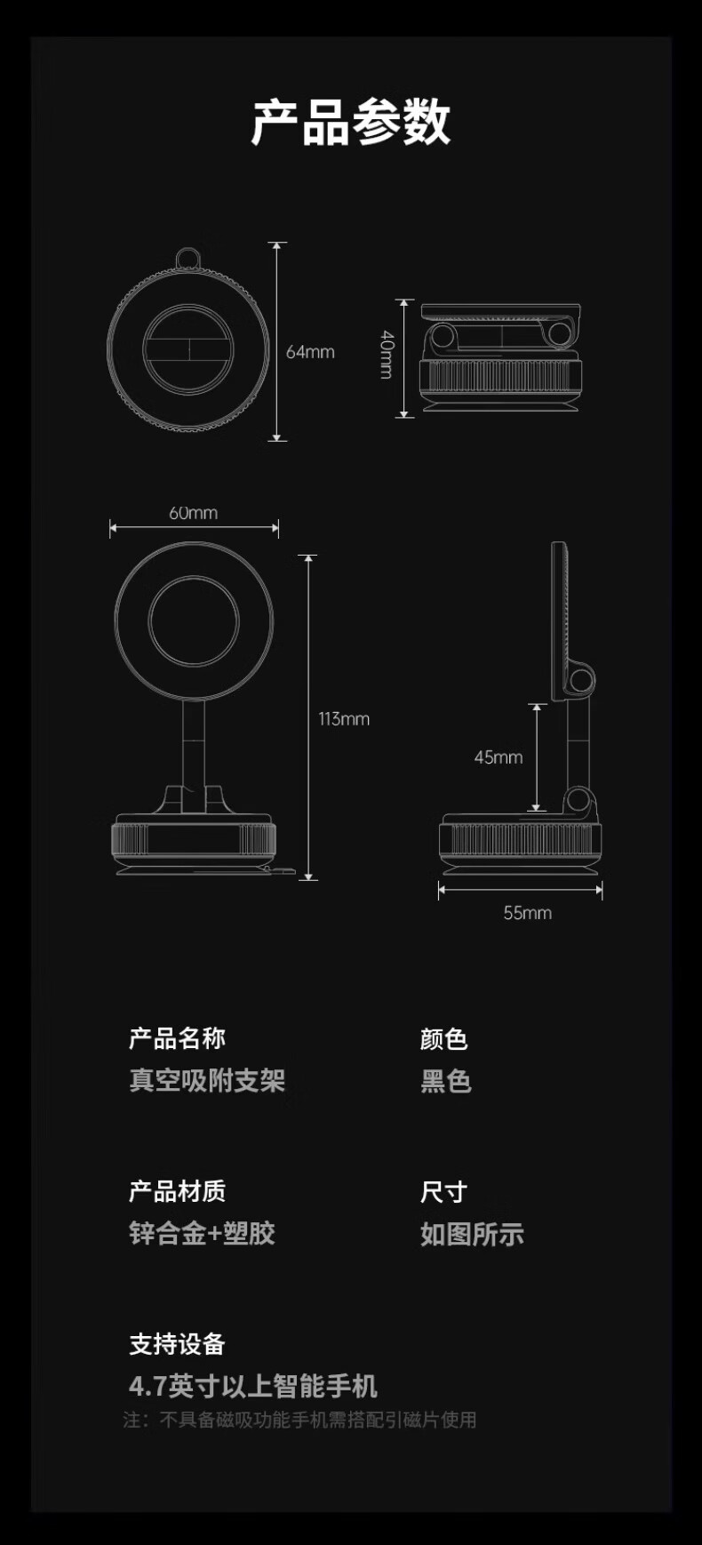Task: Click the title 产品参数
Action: point(351,122)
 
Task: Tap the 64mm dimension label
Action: point(310,352)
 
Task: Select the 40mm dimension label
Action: point(387,355)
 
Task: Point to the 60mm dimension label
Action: point(194,513)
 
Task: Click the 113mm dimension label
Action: point(344,718)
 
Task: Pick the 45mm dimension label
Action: point(499,757)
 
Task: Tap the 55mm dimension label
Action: point(528,913)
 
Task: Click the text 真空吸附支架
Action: point(207,1080)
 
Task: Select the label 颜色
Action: point(443,1038)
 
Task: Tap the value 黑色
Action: point(446,1081)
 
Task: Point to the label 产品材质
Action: point(178,1191)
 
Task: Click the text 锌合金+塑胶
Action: point(203,1233)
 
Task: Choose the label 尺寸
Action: point(443,1191)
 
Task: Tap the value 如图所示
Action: point(472,1234)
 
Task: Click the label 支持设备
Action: point(178,1344)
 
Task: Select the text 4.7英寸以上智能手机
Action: point(253,1386)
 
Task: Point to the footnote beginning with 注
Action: point(299,1420)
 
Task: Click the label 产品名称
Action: point(178,1038)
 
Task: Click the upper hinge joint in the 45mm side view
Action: point(582,681)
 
